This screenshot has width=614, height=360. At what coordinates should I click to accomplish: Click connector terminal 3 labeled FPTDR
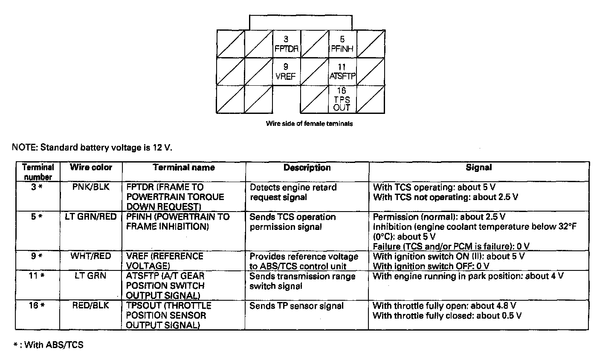(x=287, y=44)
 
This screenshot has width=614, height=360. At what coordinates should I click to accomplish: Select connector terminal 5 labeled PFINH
(x=342, y=44)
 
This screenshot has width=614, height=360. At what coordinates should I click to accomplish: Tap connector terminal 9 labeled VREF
(x=286, y=72)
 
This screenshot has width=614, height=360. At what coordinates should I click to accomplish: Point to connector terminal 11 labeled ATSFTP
(x=342, y=72)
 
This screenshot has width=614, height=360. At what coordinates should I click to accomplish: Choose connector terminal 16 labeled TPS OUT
(x=342, y=99)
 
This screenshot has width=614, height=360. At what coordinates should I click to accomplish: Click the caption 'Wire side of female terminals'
(x=309, y=124)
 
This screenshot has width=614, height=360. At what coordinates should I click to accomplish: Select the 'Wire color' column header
(x=91, y=167)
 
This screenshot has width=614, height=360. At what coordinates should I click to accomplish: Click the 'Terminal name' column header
(x=184, y=167)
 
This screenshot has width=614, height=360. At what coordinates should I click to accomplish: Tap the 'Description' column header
(x=307, y=168)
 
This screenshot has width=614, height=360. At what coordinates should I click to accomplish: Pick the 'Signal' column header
(x=478, y=168)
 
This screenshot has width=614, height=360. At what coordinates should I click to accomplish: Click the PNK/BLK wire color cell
(x=91, y=187)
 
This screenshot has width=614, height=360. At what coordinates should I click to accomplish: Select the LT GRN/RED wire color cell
(x=91, y=217)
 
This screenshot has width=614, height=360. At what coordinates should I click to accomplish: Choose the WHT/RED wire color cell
(x=91, y=256)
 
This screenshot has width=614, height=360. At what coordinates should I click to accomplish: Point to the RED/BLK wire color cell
(x=91, y=305)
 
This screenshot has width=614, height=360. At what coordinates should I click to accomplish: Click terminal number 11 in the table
(x=37, y=276)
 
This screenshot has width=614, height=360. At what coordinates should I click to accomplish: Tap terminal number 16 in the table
(x=37, y=305)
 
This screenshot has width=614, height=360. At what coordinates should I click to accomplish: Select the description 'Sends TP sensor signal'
(x=296, y=306)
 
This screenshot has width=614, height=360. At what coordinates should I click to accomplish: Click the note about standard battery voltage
(x=92, y=148)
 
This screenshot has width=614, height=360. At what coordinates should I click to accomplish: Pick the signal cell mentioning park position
(x=468, y=276)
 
